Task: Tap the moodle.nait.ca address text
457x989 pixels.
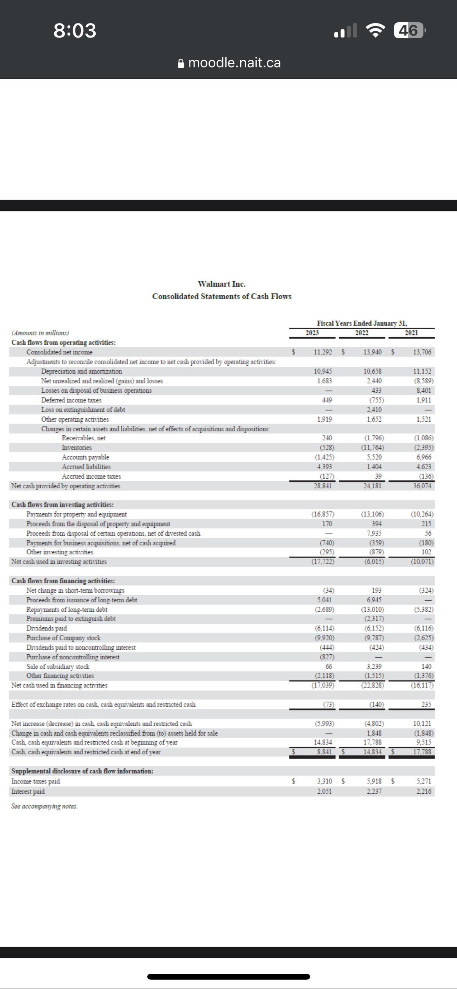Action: click(x=234, y=62)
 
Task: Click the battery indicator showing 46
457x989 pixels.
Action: click(x=409, y=30)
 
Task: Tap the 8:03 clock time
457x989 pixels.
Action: click(x=75, y=30)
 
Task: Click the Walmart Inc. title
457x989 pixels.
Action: click(x=221, y=284)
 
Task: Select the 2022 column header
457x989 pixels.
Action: click(x=362, y=333)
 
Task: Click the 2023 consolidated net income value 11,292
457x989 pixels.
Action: click(x=323, y=352)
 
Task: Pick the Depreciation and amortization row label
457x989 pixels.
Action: click(x=82, y=371)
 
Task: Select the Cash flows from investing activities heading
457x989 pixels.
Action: click(x=62, y=505)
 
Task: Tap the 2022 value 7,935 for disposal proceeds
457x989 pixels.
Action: click(x=374, y=533)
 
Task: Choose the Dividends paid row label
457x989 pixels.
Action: click(x=46, y=628)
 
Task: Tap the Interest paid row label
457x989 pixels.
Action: click(x=28, y=791)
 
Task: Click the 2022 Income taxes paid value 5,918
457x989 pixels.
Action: click(x=374, y=782)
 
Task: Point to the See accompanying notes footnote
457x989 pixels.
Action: click(x=45, y=806)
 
